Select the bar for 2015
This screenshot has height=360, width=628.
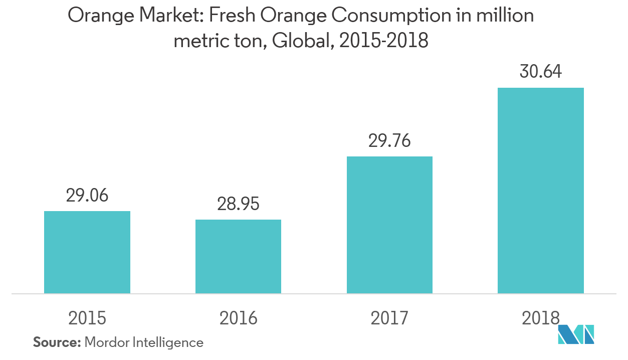pos(87,252)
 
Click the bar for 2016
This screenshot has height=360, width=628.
pos(238,256)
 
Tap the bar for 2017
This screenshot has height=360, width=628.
pos(389,225)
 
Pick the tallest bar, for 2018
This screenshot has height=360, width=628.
pos(541,191)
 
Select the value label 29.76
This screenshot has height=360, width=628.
pos(389,141)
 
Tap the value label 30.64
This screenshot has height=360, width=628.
pos(541,72)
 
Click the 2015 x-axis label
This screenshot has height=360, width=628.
pos(87,318)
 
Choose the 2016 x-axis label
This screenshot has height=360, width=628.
pos(238,318)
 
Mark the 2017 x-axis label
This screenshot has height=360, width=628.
pos(389,318)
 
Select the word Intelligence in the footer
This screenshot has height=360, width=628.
pos(168,342)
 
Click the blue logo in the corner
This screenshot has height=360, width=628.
pos(576,334)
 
